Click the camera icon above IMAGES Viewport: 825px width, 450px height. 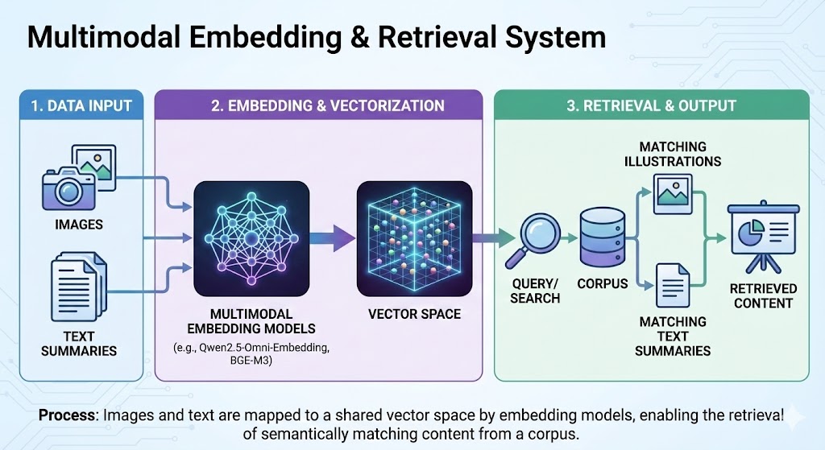(69, 190)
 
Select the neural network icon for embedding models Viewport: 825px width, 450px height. (251, 237)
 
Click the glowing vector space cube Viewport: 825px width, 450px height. (413, 237)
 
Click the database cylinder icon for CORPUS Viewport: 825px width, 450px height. (602, 238)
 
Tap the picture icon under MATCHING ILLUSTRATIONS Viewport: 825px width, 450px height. (672, 194)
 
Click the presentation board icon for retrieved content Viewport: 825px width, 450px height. (762, 235)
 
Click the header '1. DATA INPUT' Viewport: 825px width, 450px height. (81, 105)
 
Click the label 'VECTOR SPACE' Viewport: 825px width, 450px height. (414, 314)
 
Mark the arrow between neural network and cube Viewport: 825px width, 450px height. (333, 237)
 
